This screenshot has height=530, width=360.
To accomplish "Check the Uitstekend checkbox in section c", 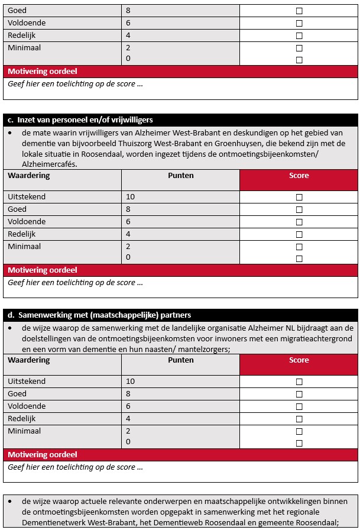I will click(299, 197).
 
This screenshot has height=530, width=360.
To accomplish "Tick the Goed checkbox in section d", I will click(299, 394).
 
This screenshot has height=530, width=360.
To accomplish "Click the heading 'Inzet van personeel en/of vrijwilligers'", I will click(85, 120).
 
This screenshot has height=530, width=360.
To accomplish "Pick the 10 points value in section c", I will click(131, 197).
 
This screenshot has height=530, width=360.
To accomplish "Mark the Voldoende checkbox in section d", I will click(299, 406).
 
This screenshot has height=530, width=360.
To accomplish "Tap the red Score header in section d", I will click(299, 360).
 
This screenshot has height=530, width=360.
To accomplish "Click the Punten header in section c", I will click(180, 176).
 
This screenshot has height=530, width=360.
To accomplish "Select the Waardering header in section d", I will click(29, 360).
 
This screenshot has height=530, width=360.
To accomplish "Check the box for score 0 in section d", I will click(299, 443).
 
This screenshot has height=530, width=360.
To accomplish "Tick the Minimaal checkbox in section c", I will click(299, 247).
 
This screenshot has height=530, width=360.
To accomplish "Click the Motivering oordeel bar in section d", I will click(43, 455).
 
